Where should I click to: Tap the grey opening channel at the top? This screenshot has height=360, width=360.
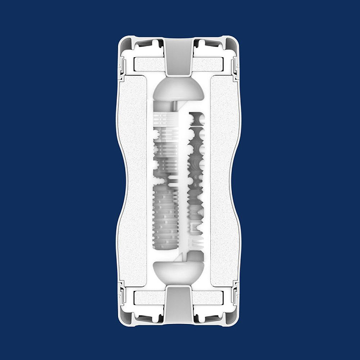pos(180,55)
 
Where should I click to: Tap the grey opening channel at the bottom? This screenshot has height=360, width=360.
pos(180,305)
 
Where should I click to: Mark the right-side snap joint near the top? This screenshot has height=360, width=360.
pos(237,64)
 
